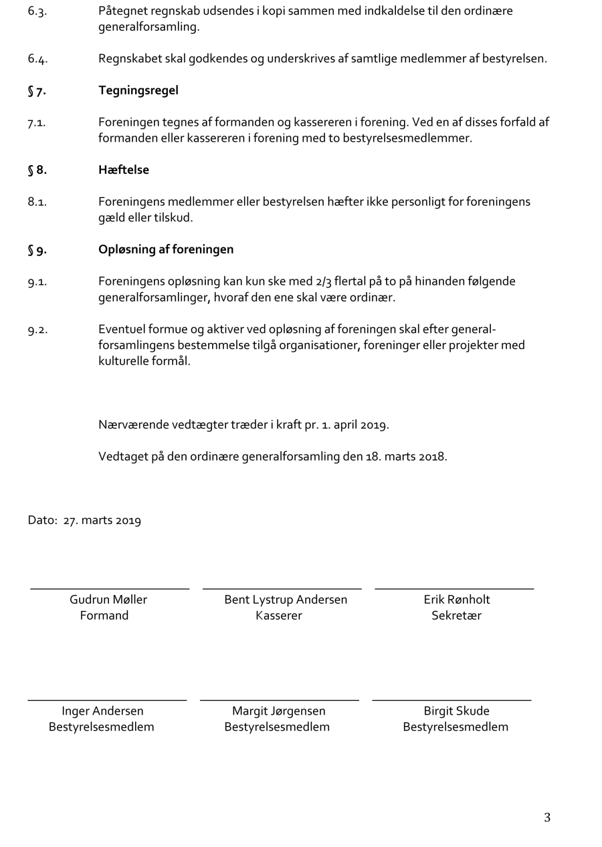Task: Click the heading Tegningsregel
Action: coord(138,90)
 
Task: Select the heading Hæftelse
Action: coord(123,170)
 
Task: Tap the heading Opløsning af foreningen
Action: coord(166,249)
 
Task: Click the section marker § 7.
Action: coord(37,91)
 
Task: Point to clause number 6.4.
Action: coord(37,59)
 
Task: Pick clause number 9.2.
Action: coord(37,330)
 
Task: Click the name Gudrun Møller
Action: coord(108,600)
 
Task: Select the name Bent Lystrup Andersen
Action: coord(286,600)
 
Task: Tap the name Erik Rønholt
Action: coord(457,600)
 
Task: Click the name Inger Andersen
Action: coord(102,711)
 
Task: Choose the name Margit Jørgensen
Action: coord(279,711)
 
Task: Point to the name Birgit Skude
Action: coord(456,711)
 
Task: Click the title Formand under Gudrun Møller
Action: coord(104,616)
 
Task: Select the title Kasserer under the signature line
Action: coord(279,616)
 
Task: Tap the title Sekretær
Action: coord(456,616)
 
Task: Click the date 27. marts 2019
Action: coord(102,521)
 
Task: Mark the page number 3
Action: coord(547,817)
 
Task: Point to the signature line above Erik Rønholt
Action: coord(454,589)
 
